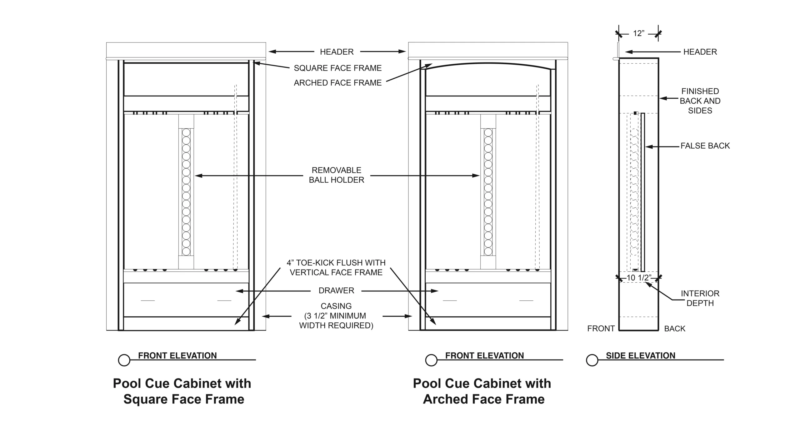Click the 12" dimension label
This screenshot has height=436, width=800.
click(639, 33)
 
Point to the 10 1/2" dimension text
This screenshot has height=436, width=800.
click(639, 278)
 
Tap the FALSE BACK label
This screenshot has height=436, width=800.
click(705, 146)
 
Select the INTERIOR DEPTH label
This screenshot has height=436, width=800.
click(700, 298)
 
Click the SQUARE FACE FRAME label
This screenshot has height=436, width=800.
click(338, 68)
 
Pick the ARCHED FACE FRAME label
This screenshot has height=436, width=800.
click(338, 83)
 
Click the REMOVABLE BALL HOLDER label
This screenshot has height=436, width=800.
click(337, 175)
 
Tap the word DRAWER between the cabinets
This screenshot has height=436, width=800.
click(336, 290)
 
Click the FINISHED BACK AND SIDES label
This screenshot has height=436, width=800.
click(700, 101)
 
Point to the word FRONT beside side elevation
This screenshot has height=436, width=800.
click(601, 329)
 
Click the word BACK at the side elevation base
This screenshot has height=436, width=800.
click(675, 329)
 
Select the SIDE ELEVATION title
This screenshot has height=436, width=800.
click(641, 355)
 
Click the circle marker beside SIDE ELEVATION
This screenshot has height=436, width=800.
click(592, 360)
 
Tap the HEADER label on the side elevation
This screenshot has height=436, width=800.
click(700, 52)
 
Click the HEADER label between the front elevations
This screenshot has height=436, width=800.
click(337, 52)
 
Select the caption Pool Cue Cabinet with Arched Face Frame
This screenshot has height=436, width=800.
click(482, 391)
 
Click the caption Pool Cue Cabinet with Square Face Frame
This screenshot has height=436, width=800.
click(182, 391)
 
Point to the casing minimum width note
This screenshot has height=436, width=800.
click(336, 316)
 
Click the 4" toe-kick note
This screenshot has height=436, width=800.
click(336, 268)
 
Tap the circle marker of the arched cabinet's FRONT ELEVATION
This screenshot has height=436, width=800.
click(431, 360)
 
